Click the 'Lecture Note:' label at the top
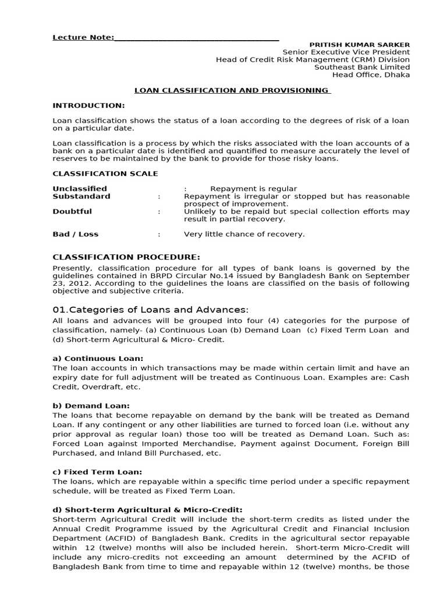(83, 37)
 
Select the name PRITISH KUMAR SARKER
(359, 45)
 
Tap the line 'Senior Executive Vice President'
(346, 52)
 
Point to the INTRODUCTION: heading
(88, 105)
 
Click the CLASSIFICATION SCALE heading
(105, 173)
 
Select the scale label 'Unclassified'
(80, 189)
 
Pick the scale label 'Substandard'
(81, 196)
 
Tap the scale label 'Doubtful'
(72, 211)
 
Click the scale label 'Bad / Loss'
(76, 234)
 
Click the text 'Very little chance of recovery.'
(244, 234)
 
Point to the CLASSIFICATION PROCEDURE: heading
(126, 257)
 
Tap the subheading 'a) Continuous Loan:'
(98, 359)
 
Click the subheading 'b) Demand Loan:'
(91, 405)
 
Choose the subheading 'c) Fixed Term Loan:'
(97, 472)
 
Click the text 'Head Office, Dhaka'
(371, 74)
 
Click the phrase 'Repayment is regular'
(254, 189)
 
